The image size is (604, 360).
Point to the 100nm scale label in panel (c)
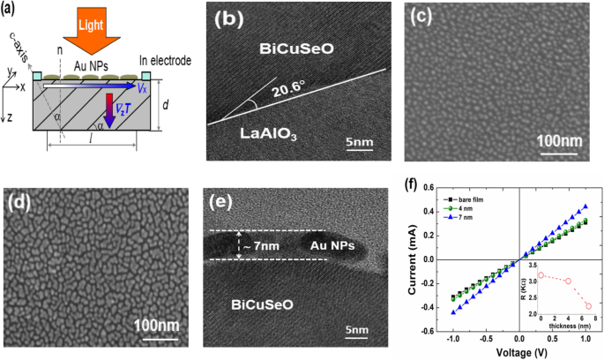pyautogui.click(x=563, y=141)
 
